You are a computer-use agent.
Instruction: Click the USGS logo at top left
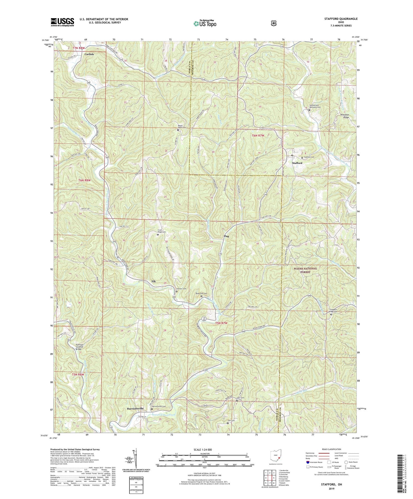tap(62, 22)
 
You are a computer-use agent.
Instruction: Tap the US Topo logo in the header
tap(205, 24)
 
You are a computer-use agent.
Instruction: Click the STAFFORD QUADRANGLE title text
tap(341, 19)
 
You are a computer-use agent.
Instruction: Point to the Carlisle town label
tap(89, 54)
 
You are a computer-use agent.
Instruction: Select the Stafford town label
tap(297, 163)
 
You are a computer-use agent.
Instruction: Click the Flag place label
tap(226, 236)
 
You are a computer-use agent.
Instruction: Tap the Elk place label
tap(154, 281)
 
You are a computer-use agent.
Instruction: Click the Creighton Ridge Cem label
tap(335, 311)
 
